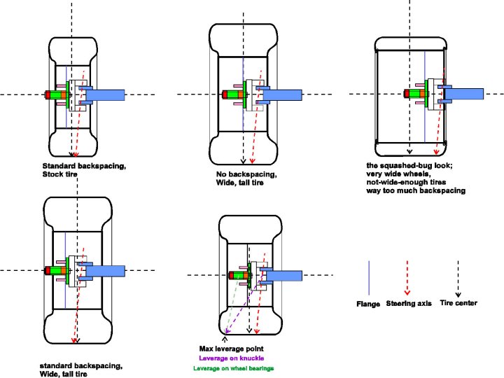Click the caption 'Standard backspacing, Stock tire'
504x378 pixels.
pos(84,170)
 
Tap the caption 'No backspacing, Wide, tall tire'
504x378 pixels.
pos(246,178)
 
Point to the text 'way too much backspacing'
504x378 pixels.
pos(416,190)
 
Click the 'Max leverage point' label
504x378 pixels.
pos(232,349)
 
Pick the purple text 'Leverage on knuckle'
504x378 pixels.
pos(232,358)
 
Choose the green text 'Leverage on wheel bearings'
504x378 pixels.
pos(234,368)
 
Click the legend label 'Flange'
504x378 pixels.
pos(368,304)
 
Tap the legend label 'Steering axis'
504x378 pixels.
pos(409,303)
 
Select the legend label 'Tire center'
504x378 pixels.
pos(458,303)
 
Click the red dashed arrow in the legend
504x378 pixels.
pos(407,277)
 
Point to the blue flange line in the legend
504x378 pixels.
pos(369,278)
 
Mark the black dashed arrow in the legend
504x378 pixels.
pos(458,279)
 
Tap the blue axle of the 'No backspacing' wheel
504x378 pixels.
pos(283,95)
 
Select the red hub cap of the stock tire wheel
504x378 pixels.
pos(48,94)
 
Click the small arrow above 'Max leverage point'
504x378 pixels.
pos(225,339)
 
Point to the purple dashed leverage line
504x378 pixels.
pos(244,302)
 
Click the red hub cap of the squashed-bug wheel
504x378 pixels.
pos(407,94)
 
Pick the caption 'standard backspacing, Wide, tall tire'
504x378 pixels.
pos(81,370)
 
